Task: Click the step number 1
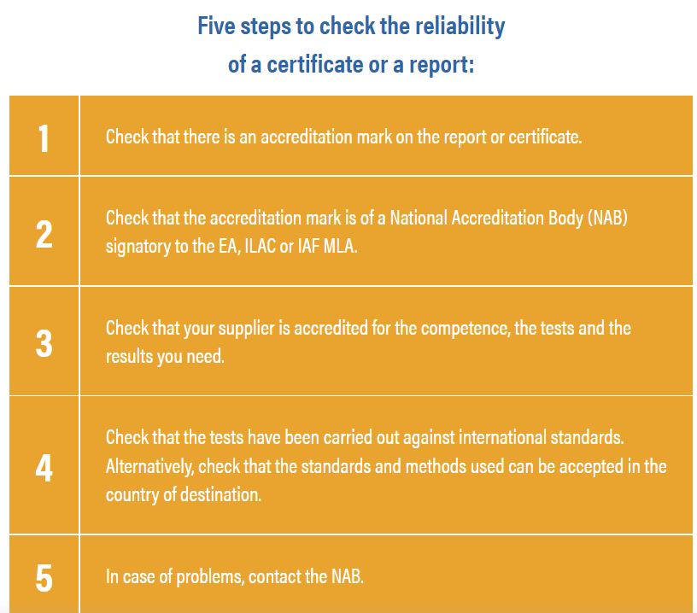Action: pyautogui.click(x=44, y=138)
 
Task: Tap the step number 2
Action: pyautogui.click(x=44, y=234)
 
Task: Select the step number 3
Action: pyautogui.click(x=44, y=343)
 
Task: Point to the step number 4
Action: pyautogui.click(x=44, y=468)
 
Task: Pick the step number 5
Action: pyautogui.click(x=44, y=578)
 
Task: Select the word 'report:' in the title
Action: pyautogui.click(x=442, y=66)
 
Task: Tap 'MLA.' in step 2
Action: pyautogui.click(x=340, y=246)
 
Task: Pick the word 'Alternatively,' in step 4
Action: pyautogui.click(x=149, y=467)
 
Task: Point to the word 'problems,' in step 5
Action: pyautogui.click(x=210, y=577)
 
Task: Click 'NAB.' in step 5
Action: pyautogui.click(x=348, y=576)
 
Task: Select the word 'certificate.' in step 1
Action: pyautogui.click(x=545, y=137)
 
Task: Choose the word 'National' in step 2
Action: pyautogui.click(x=419, y=219)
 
